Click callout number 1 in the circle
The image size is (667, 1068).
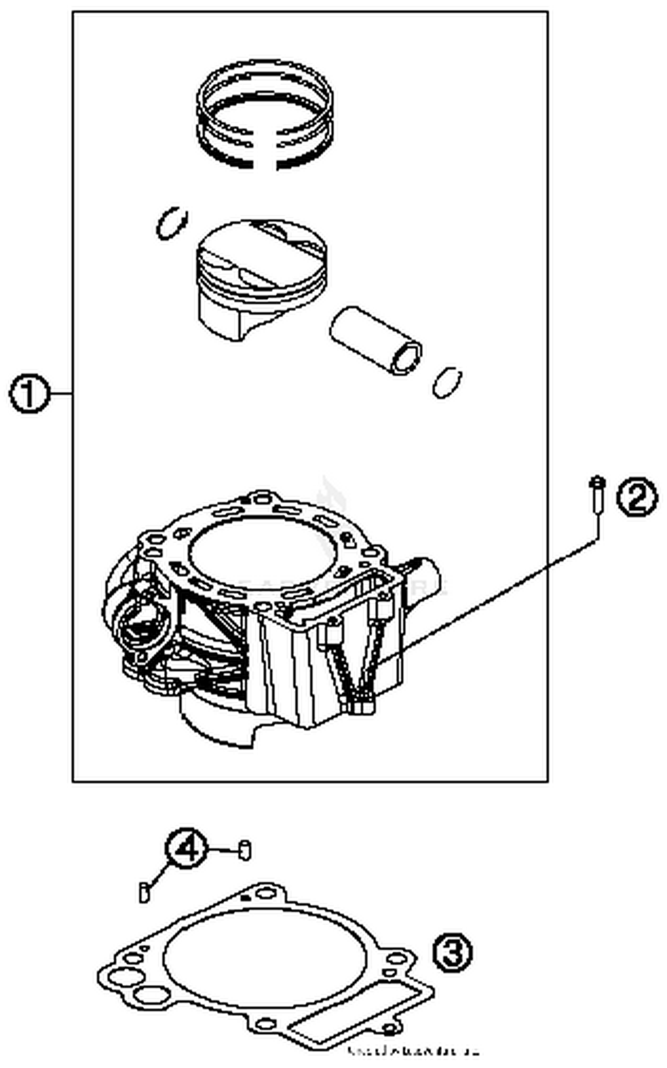point(29,393)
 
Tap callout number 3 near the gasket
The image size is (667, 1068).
point(452,952)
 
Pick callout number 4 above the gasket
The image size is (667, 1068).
point(186,850)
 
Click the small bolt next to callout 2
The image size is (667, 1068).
point(597,497)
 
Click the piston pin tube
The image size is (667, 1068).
point(375,340)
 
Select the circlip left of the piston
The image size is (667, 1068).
point(172,223)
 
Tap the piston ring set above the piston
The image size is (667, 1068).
point(265,114)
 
